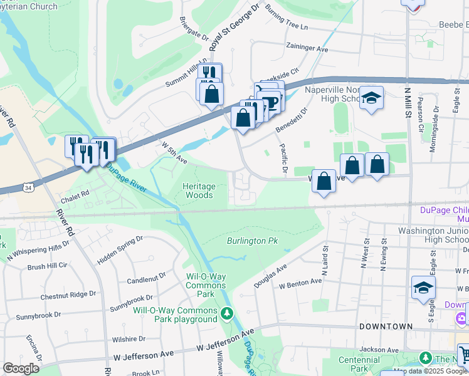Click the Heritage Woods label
tap(199, 191)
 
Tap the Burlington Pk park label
tap(252, 241)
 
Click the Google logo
tap(21, 368)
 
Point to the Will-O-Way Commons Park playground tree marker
tap(228, 313)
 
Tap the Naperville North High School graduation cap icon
tap(372, 98)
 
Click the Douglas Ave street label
tap(270, 276)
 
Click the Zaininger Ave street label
tap(307, 48)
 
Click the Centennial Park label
tap(360, 364)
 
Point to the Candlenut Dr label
tap(146, 276)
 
